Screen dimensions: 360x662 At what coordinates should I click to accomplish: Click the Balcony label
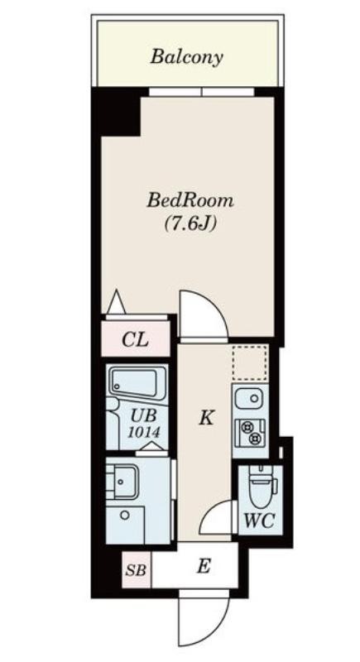pos(186,56)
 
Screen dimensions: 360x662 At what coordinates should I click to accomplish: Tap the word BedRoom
pos(190,200)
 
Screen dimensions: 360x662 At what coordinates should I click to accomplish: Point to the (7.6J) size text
pos(190,223)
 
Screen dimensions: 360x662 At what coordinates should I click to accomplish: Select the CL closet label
pos(135,339)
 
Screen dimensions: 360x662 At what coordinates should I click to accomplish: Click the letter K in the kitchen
pos(205,418)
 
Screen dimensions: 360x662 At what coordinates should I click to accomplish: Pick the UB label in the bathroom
pos(143,416)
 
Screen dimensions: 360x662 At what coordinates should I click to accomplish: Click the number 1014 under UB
pos(144,432)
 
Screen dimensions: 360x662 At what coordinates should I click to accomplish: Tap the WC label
pos(260,520)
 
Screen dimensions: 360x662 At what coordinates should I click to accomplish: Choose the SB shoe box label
pos(136,571)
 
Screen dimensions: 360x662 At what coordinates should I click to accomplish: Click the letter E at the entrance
pos(204,567)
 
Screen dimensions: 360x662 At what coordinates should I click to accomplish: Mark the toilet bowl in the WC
pos(260,486)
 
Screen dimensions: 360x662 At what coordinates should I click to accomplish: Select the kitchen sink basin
pos(249,398)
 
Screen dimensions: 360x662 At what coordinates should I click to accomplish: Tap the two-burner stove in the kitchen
pos(250,433)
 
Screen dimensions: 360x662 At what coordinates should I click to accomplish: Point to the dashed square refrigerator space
pos(249,362)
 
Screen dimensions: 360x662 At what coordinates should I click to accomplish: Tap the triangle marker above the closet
pos(117,302)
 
